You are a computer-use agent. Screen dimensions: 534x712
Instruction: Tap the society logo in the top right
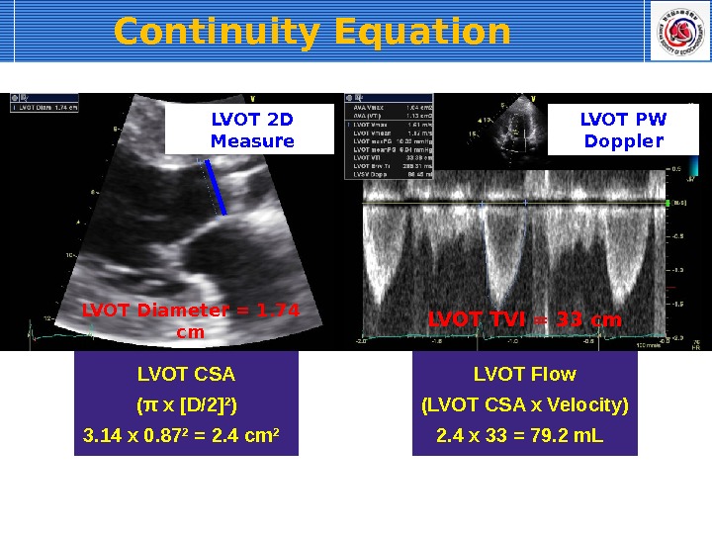[x=677, y=31]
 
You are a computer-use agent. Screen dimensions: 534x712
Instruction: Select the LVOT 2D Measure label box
[x=252, y=131]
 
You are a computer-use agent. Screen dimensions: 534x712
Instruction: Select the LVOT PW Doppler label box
[x=623, y=131]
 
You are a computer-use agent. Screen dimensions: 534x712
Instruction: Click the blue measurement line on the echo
[x=216, y=188]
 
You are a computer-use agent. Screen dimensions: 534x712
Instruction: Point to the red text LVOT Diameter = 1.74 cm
[x=190, y=320]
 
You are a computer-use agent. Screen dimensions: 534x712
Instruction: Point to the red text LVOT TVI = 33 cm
[x=524, y=320]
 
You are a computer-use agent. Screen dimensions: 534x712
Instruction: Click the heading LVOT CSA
[x=186, y=375]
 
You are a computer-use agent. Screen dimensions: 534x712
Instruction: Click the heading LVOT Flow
[x=524, y=375]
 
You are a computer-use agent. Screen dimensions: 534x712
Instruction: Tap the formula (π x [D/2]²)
[x=186, y=405]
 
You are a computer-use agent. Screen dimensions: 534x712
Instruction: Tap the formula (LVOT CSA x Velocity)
[x=524, y=405]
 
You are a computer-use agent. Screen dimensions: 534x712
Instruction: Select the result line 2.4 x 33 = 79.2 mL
[x=519, y=436]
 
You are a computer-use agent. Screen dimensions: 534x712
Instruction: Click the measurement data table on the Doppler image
[x=390, y=136]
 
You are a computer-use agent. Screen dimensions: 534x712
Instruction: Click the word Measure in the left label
[x=252, y=141]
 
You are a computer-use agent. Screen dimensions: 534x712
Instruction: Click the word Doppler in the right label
[x=623, y=141]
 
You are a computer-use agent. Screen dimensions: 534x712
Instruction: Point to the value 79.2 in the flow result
[x=554, y=436]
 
